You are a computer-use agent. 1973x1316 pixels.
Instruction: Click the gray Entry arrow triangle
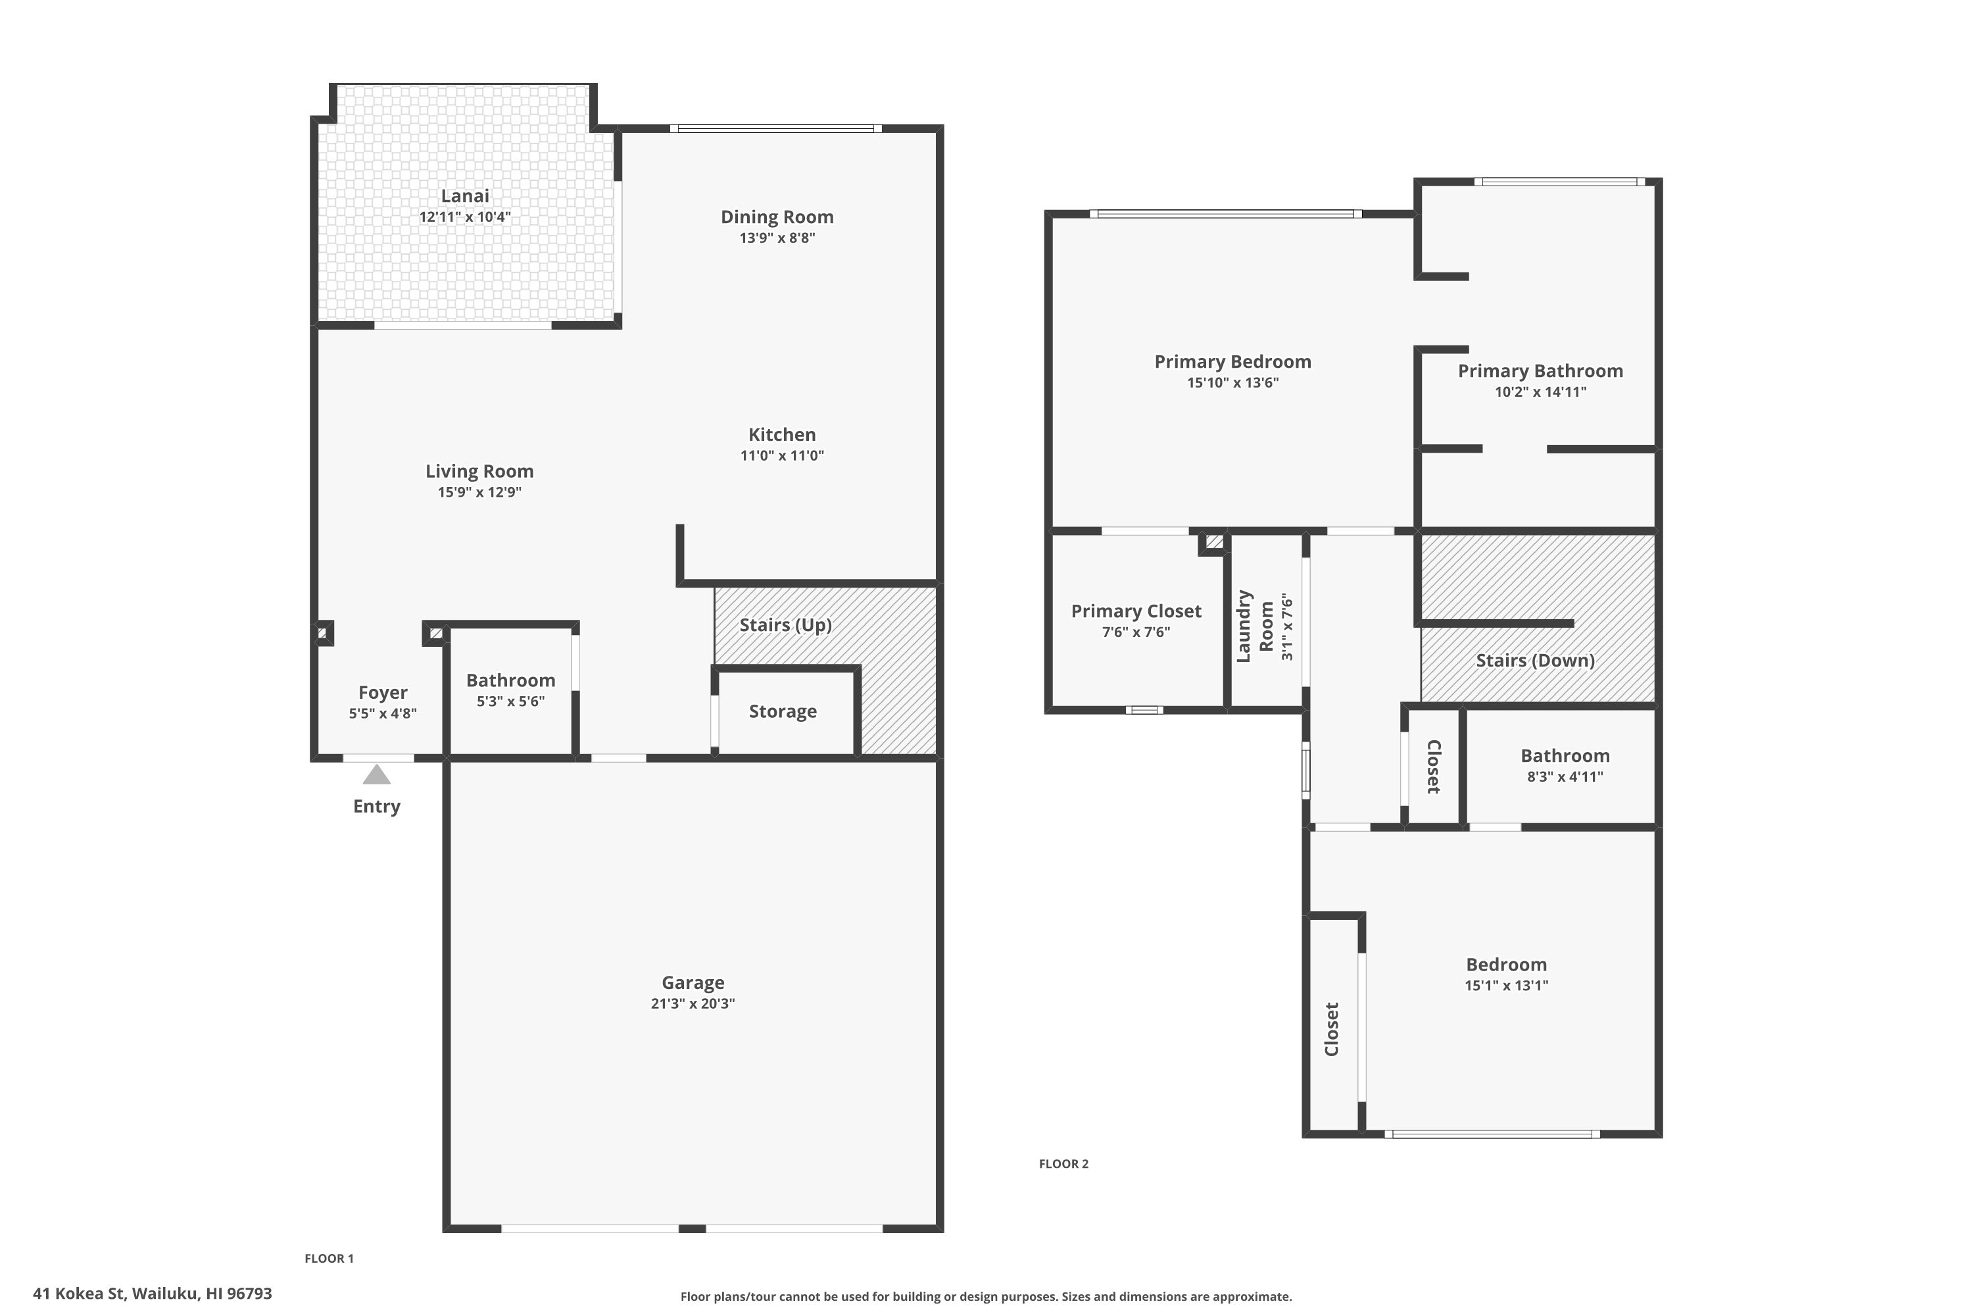[377, 774]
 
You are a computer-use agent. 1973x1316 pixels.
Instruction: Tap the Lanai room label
[465, 195]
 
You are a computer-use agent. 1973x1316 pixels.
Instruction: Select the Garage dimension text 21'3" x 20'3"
[693, 1003]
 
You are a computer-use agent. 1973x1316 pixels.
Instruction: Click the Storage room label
[783, 712]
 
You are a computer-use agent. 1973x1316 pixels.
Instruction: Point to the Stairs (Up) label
[785, 625]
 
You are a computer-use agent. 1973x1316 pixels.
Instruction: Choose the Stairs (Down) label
[1535, 661]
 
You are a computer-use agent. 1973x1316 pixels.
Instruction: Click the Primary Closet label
[1136, 611]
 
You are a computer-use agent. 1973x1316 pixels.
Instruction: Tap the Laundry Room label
[1255, 626]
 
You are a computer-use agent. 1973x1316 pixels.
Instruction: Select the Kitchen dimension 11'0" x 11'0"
[782, 456]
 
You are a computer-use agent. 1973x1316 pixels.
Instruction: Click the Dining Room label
[777, 216]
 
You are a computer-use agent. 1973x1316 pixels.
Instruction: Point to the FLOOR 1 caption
[329, 1258]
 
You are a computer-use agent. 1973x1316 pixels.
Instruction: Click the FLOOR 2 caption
[1063, 1163]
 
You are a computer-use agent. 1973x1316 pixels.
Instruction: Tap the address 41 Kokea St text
[79, 1294]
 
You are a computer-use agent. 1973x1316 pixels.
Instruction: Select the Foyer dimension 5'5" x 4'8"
[383, 713]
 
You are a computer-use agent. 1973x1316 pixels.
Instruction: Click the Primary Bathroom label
[1540, 371]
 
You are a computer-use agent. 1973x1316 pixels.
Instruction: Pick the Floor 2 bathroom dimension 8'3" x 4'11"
[1565, 776]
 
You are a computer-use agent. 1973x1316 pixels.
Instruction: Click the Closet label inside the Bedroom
[1331, 1029]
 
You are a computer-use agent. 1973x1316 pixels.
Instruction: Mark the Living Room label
[479, 472]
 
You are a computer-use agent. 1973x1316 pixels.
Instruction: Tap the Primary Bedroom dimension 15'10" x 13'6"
[1232, 383]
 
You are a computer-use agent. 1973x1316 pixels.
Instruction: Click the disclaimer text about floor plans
[986, 1297]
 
